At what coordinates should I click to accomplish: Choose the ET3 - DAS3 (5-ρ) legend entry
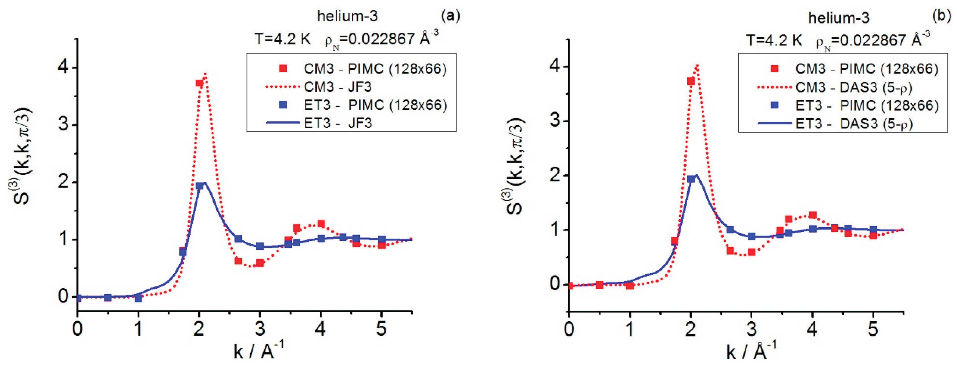[x=853, y=124]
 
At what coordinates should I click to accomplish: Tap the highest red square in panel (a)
[x=199, y=83]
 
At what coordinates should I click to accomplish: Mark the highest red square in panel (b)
[x=691, y=81]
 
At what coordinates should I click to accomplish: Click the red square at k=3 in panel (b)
[x=752, y=252]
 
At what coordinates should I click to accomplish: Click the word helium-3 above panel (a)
[x=347, y=16]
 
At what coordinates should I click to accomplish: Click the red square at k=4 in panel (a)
[x=321, y=224]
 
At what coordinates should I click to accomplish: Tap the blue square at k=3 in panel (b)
[x=752, y=236]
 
